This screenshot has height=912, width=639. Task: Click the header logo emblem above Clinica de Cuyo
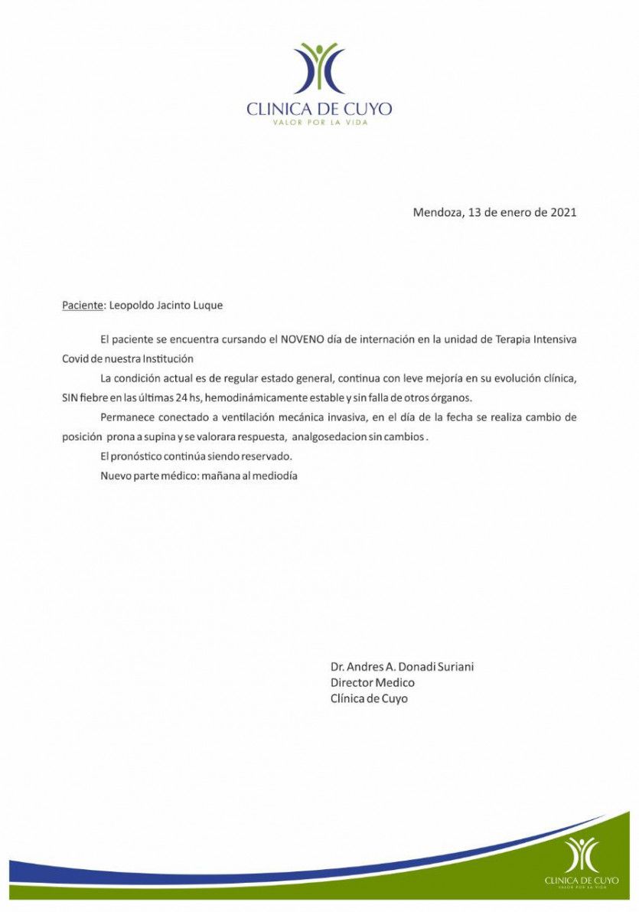tap(319, 70)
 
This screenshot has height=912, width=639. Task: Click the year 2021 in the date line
tap(562, 212)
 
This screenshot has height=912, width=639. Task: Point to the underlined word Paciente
tap(82, 306)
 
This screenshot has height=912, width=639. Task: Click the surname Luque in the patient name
tap(208, 306)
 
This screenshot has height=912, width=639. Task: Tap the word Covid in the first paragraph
tap(75, 358)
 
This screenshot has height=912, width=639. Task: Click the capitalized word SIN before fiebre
tap(70, 398)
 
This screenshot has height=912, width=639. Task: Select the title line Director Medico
tap(373, 683)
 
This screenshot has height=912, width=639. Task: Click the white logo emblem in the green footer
tap(580, 854)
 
